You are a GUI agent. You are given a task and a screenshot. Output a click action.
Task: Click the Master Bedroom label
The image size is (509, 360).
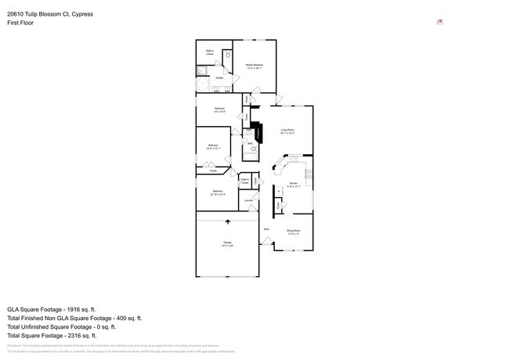click(x=254, y=65)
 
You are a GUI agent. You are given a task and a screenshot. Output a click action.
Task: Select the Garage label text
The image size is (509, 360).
click(x=227, y=243)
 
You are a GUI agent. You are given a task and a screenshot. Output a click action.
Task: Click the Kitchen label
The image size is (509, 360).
click(x=293, y=185)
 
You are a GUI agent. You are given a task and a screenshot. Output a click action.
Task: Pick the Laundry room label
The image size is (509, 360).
click(x=248, y=200)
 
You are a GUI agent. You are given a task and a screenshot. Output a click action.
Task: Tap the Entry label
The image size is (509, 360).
click(x=266, y=229)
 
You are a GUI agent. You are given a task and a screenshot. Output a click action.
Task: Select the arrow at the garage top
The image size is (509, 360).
click(x=228, y=222)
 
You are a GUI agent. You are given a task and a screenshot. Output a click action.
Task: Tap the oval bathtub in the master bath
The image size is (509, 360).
click(x=203, y=81)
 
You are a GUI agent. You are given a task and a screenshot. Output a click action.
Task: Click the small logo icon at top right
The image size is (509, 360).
click(x=439, y=21)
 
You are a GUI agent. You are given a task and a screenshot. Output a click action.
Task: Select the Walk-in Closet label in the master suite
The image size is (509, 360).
click(x=210, y=52)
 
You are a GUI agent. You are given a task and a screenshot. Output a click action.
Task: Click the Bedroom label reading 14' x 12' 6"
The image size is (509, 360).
click(x=220, y=110)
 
